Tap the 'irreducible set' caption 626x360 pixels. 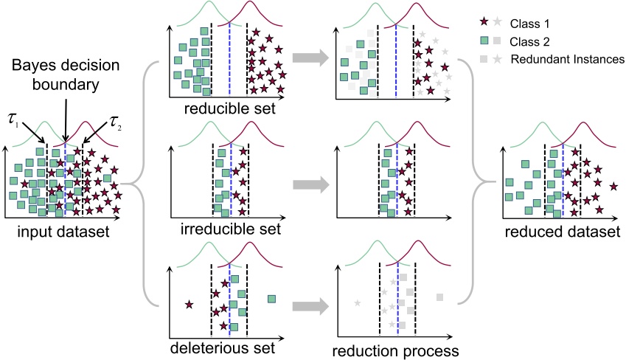(230, 229)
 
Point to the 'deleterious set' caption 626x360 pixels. (223, 347)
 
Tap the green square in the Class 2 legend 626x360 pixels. (483, 42)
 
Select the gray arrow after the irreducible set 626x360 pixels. (308, 181)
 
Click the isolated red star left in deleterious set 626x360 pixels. (189, 303)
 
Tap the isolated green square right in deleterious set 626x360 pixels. (271, 298)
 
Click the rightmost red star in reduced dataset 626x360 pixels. (613, 185)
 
